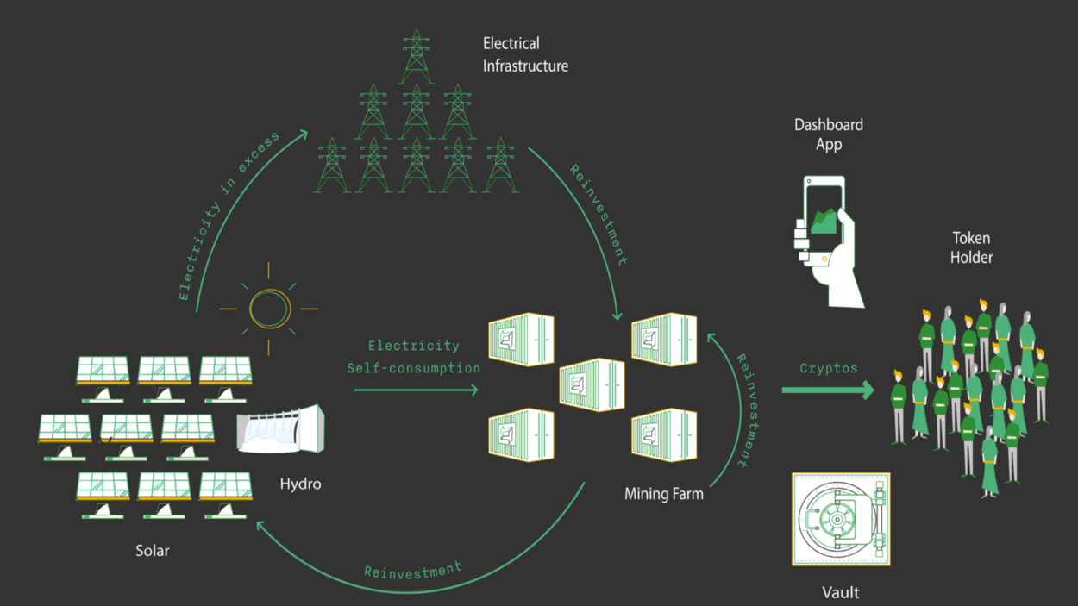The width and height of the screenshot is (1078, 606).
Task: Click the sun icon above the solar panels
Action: pos(268,308)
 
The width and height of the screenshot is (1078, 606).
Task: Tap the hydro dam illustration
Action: pos(281,429)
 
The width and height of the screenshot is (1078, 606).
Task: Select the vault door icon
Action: pos(840,520)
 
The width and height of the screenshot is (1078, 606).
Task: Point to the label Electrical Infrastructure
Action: pos(524,54)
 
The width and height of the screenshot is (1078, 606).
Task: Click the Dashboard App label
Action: pos(828,134)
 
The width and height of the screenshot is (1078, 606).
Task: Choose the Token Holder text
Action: pos(971,247)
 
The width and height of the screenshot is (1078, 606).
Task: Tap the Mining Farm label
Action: pos(663,494)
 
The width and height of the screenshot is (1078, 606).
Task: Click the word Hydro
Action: pos(300,484)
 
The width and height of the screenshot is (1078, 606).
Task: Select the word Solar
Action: pos(152,550)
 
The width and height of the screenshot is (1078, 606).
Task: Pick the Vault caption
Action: pos(839,592)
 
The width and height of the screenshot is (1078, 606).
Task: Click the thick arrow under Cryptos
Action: pos(827,390)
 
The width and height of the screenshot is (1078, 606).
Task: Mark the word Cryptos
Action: pos(828,368)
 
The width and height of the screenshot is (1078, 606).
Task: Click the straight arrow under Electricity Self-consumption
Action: pos(416,390)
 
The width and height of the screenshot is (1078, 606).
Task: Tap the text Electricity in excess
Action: pos(229,217)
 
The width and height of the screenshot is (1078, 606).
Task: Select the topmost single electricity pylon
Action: pos(416,57)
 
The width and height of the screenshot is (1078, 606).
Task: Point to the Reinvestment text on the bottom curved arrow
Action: pos(412,570)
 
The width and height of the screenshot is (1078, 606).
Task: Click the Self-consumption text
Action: pos(413,368)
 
